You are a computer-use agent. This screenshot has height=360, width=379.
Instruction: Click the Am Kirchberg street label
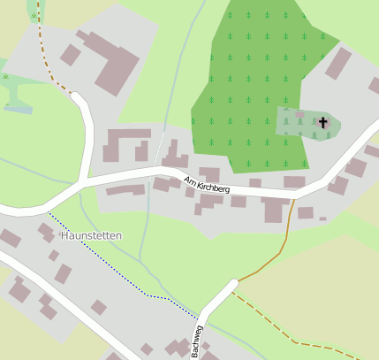click(207, 186)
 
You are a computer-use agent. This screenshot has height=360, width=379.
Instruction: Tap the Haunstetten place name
click(91, 236)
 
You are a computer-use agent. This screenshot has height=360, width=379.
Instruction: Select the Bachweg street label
click(196, 341)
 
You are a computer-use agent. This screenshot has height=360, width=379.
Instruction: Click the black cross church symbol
click(323, 122)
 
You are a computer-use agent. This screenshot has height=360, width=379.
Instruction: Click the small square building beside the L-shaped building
click(71, 56)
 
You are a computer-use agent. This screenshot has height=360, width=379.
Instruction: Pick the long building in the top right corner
click(337, 64)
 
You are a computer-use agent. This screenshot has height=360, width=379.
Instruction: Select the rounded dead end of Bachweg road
click(233, 285)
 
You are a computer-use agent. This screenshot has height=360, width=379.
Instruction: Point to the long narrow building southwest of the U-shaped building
click(125, 189)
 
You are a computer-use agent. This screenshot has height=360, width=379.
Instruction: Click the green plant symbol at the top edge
click(34, 15)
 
